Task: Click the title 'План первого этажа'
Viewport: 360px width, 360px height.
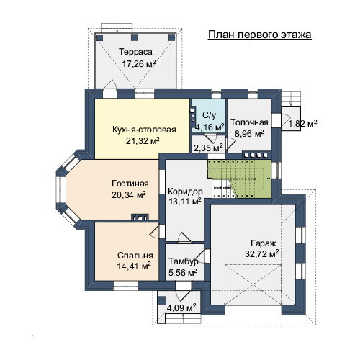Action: tap(260, 35)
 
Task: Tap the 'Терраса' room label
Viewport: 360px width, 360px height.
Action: tap(135, 52)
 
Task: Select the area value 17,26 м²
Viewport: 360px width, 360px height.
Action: tap(139, 64)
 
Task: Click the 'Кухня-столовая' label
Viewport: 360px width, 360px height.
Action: tap(144, 130)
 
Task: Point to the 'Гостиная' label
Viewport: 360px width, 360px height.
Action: tap(130, 184)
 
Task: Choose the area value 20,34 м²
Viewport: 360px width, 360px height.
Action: tap(129, 195)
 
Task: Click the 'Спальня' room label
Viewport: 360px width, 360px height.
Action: tap(135, 256)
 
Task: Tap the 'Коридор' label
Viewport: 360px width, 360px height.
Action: tap(185, 192)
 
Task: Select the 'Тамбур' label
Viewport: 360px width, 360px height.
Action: tap(184, 261)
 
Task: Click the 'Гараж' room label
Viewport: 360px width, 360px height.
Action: tap(264, 243)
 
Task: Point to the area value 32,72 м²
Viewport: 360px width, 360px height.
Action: tap(262, 254)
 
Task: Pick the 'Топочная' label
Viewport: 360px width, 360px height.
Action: tap(249, 122)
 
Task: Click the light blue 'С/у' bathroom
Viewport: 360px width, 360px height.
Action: tap(208, 115)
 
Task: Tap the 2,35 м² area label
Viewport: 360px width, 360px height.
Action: tap(208, 148)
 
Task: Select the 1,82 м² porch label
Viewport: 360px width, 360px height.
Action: tap(302, 124)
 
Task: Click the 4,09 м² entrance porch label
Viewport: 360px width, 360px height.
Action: tap(181, 307)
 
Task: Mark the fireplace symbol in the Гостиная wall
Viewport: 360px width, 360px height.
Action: tap(140, 217)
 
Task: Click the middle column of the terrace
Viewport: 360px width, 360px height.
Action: tap(135, 37)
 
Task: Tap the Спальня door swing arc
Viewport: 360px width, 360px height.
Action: tap(153, 231)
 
